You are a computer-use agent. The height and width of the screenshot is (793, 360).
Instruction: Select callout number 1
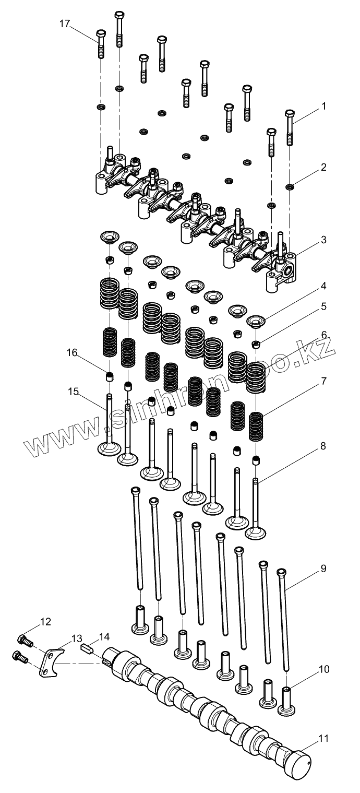[x=323, y=106]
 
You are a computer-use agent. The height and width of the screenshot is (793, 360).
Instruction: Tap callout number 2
[x=323, y=168]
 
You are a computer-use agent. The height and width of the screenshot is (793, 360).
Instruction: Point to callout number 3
[x=323, y=240]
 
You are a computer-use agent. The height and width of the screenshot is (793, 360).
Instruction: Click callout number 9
[x=323, y=569]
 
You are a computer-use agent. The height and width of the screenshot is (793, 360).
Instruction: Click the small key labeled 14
[x=88, y=649]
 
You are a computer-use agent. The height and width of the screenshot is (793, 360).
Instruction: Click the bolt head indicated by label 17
[x=101, y=36]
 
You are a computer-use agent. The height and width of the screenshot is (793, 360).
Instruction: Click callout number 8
[x=323, y=446]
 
